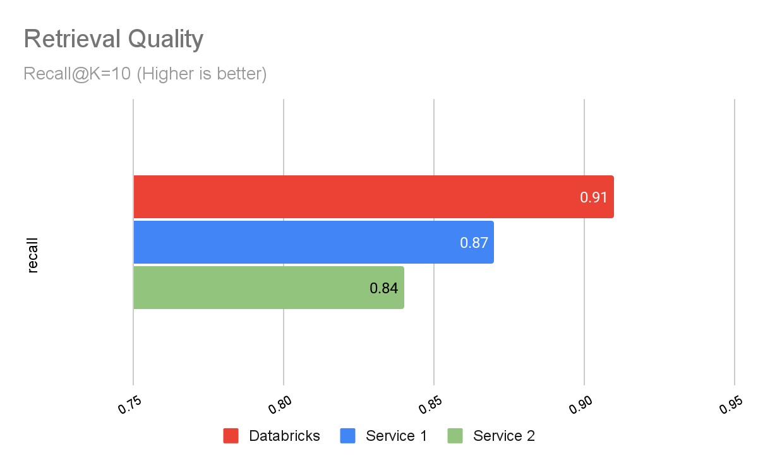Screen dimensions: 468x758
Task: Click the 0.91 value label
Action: tap(594, 197)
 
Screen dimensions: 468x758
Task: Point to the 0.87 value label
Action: tap(474, 243)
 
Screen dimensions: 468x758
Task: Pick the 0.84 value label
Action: tap(384, 288)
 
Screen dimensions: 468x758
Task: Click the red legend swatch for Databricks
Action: tap(231, 436)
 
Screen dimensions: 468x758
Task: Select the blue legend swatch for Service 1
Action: tap(347, 436)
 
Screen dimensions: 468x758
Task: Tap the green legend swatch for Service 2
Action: tap(455, 436)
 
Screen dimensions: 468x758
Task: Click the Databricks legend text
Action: tap(284, 436)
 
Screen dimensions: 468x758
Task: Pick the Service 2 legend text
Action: tap(504, 436)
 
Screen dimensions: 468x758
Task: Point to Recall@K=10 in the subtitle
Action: tap(77, 74)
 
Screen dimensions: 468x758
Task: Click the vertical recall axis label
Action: tap(33, 255)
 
